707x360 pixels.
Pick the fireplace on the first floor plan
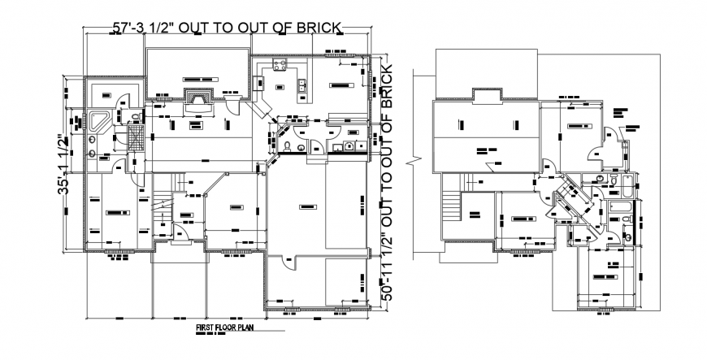coord(197,98)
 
